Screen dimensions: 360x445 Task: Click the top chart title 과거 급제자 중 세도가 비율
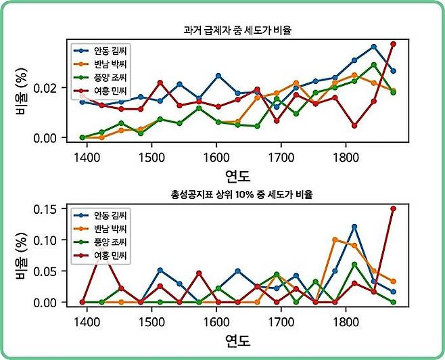tap(241, 30)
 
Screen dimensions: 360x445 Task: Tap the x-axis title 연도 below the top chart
tap(237, 177)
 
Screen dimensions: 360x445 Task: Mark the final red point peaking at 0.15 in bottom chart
tap(393, 209)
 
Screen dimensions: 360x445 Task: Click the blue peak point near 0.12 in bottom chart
tap(354, 226)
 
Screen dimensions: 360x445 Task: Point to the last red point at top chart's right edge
tap(393, 44)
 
